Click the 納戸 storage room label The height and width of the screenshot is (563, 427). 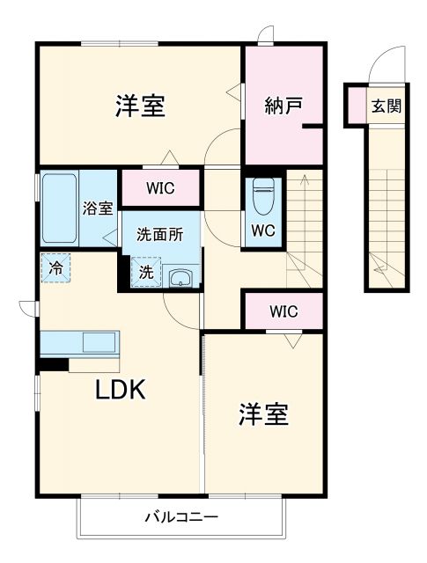(x=283, y=106)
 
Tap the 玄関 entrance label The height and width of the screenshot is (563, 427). (x=386, y=106)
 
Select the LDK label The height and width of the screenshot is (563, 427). (x=121, y=391)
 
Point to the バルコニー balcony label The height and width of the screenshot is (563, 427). (x=181, y=516)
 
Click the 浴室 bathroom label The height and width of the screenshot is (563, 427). (x=97, y=208)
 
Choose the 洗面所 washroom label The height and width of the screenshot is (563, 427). (x=159, y=235)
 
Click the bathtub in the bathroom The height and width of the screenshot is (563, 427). (x=60, y=208)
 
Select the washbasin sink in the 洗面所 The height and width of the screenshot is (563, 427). (x=180, y=279)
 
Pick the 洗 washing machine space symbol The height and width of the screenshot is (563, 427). (x=146, y=273)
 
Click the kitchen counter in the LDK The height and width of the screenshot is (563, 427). (x=80, y=342)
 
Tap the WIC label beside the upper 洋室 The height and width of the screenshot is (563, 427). (x=160, y=187)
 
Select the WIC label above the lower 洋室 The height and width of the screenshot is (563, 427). (x=283, y=311)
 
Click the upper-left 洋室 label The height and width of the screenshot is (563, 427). (x=140, y=106)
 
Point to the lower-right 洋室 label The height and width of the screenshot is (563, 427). (x=263, y=413)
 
